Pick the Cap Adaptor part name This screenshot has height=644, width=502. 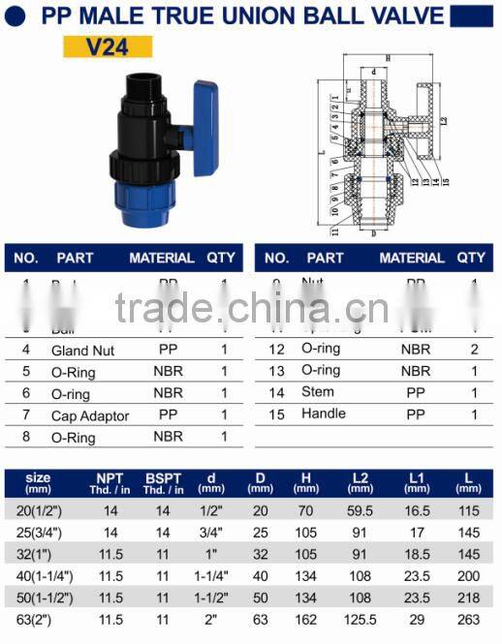pyautogui.click(x=90, y=415)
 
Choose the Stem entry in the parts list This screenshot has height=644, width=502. pyautogui.click(x=318, y=392)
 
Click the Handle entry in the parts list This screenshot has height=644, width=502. pyautogui.click(x=324, y=414)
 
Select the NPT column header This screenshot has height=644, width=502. pyautogui.click(x=110, y=482)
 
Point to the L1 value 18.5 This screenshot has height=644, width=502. pyautogui.click(x=419, y=554)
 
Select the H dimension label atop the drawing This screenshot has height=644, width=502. pyautogui.click(x=387, y=59)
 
